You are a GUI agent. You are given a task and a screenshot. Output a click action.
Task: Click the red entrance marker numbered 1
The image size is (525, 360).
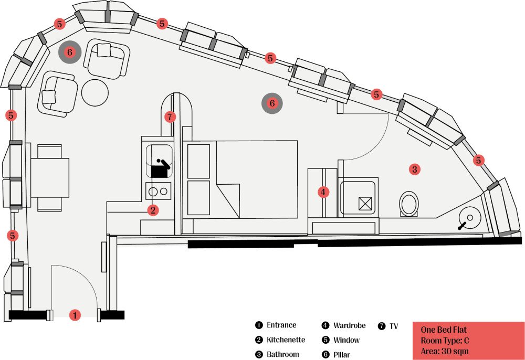click(75, 315)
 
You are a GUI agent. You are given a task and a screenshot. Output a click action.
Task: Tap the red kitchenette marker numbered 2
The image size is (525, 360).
click(153, 210)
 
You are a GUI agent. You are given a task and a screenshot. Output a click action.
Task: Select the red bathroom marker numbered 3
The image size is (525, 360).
click(415, 170)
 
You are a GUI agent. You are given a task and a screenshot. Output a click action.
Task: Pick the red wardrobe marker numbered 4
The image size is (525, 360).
click(323, 192)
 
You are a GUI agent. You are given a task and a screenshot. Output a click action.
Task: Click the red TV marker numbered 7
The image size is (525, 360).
click(170, 117)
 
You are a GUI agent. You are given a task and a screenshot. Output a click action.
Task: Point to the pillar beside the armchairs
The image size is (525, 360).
click(70, 52)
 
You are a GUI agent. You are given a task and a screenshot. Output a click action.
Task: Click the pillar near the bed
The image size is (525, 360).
click(272, 103)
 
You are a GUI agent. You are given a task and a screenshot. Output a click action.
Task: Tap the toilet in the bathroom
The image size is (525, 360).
click(409, 204)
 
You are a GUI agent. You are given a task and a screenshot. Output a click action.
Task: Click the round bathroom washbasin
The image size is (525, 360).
click(470, 217)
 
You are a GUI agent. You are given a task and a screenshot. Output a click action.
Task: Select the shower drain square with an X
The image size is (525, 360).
click(365, 204)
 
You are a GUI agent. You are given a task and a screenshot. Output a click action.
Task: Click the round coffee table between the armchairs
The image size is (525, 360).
click(95, 93)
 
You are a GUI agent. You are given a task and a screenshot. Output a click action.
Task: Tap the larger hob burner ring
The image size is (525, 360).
click(153, 192)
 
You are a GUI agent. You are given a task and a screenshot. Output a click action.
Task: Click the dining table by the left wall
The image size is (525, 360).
click(50, 178)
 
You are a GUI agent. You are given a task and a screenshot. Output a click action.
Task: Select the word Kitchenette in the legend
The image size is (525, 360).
click(286, 340)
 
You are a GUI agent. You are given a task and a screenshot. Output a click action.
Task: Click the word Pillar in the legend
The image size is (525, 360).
click(342, 355)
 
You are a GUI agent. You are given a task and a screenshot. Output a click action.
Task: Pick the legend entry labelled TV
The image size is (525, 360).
click(388, 326)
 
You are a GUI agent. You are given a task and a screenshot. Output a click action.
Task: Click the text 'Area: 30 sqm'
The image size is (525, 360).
click(445, 351)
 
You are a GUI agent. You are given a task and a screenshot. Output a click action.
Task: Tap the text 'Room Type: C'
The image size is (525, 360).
click(445, 341)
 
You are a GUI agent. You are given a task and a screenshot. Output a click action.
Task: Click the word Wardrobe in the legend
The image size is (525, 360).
click(349, 325)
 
